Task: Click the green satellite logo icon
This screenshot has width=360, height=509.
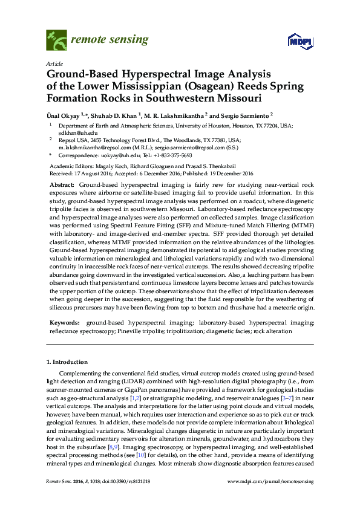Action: point(56,41)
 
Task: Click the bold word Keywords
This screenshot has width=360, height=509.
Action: point(64,324)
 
